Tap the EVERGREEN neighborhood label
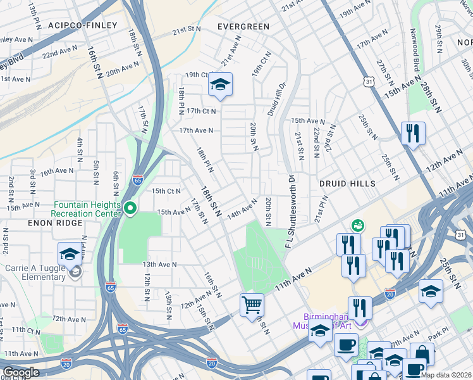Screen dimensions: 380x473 [x=243, y=27]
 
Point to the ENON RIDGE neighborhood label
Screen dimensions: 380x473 [x=29, y=224]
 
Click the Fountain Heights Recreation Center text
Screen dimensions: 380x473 [x=86, y=209]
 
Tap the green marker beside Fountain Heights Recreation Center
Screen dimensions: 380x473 [x=131, y=208]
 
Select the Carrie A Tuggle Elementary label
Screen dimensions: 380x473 [x=36, y=272]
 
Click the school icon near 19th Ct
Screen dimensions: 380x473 [x=220, y=85]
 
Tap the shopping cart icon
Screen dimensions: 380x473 [x=252, y=305]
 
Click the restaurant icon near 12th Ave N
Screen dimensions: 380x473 [x=413, y=134]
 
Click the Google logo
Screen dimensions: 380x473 [x=21, y=372]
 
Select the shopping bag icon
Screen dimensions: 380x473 [x=422, y=355]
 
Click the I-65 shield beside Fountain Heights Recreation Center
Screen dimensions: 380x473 [x=137, y=180]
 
